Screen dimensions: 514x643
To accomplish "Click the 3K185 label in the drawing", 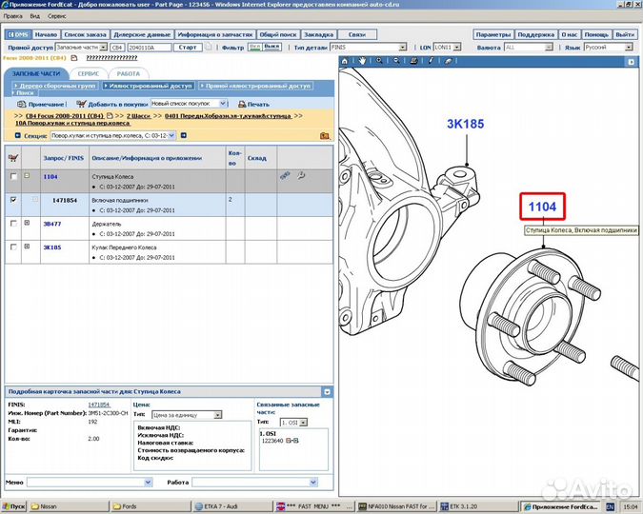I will pyautogui.click(x=466, y=123).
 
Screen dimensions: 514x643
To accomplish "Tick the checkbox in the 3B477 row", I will pyautogui.click(x=12, y=223).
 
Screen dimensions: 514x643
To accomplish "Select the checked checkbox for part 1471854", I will pyautogui.click(x=12, y=200).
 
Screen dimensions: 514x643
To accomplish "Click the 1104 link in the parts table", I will pyautogui.click(x=50, y=177).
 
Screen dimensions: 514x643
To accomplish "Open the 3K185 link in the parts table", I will pyautogui.click(x=51, y=247).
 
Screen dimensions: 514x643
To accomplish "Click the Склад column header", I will pyautogui.click(x=256, y=159).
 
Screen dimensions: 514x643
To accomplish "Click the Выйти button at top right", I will pyautogui.click(x=624, y=33).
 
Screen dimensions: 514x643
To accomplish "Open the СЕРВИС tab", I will pyautogui.click(x=90, y=73).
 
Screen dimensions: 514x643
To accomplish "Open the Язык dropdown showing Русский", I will pyautogui.click(x=607, y=47).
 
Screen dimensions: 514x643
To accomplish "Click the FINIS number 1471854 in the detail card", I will pyautogui.click(x=98, y=405).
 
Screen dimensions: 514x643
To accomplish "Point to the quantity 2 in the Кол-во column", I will pyautogui.click(x=231, y=200).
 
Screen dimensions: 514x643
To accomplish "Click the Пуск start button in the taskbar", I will pyautogui.click(x=14, y=506).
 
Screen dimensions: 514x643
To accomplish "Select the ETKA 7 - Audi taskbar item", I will pyautogui.click(x=220, y=506).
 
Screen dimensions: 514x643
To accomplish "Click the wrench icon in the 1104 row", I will pyautogui.click(x=301, y=176).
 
